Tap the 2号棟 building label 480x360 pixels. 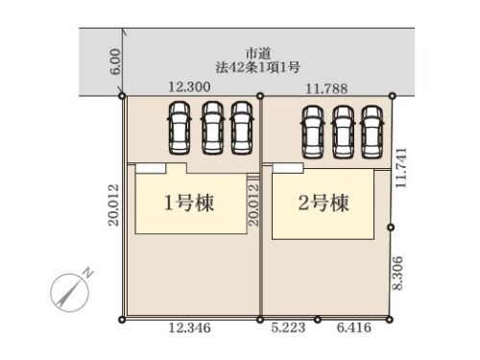pyautogui.click(x=323, y=204)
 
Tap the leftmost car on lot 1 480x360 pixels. pyautogui.click(x=180, y=130)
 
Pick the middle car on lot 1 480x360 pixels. pyautogui.click(x=212, y=130)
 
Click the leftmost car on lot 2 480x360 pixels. pyautogui.click(x=312, y=130)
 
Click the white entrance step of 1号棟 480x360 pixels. pyautogui.click(x=149, y=168)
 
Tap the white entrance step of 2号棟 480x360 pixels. pyautogui.click(x=285, y=168)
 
